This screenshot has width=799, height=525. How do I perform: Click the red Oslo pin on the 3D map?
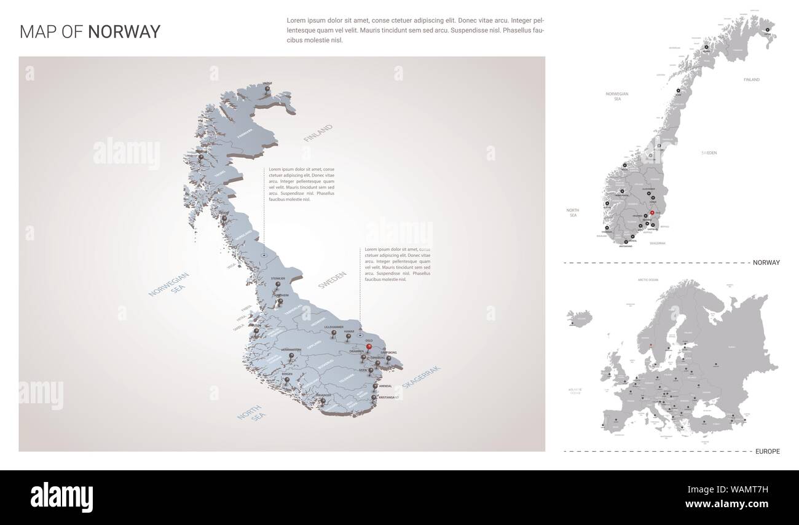369,347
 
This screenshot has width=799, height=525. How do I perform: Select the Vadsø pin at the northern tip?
267,89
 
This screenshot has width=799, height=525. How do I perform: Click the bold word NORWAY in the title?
124,32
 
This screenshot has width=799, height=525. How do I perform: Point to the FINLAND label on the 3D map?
317,133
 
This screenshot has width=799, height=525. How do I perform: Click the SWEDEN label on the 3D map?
333,280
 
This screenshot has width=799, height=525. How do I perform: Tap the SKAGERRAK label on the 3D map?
422,376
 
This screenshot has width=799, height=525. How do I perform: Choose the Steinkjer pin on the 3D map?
278,285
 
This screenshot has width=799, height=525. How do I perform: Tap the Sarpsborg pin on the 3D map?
388,358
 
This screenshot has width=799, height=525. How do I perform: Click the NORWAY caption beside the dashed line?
766,262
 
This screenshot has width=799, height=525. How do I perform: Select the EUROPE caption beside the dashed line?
768,451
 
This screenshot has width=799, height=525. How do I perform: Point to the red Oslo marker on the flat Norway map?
651,213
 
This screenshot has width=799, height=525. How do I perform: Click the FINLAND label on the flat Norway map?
751,80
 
